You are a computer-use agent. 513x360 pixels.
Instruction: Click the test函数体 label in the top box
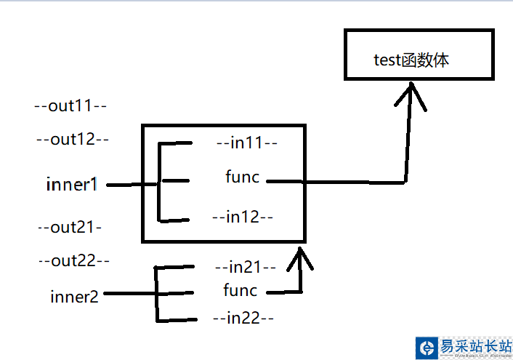(x=411, y=60)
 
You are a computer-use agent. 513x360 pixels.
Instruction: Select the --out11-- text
(x=71, y=106)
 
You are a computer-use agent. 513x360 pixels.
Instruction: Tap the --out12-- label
(x=72, y=140)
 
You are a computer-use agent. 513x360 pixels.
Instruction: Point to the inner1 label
(x=71, y=185)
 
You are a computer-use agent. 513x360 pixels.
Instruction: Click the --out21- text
(x=70, y=228)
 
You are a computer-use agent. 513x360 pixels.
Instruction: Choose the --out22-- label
(x=73, y=260)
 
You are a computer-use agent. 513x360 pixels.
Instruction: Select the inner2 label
(x=75, y=296)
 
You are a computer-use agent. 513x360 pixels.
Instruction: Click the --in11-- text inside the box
(x=247, y=143)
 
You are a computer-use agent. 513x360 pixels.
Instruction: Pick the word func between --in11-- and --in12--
(x=242, y=177)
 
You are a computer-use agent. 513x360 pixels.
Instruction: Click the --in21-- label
(x=246, y=267)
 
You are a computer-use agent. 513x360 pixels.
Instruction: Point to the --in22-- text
(x=243, y=318)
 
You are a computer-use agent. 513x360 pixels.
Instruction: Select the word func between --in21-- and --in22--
(x=240, y=291)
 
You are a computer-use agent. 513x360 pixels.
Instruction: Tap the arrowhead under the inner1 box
(x=299, y=256)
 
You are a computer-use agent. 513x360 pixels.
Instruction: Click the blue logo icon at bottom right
(x=427, y=348)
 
